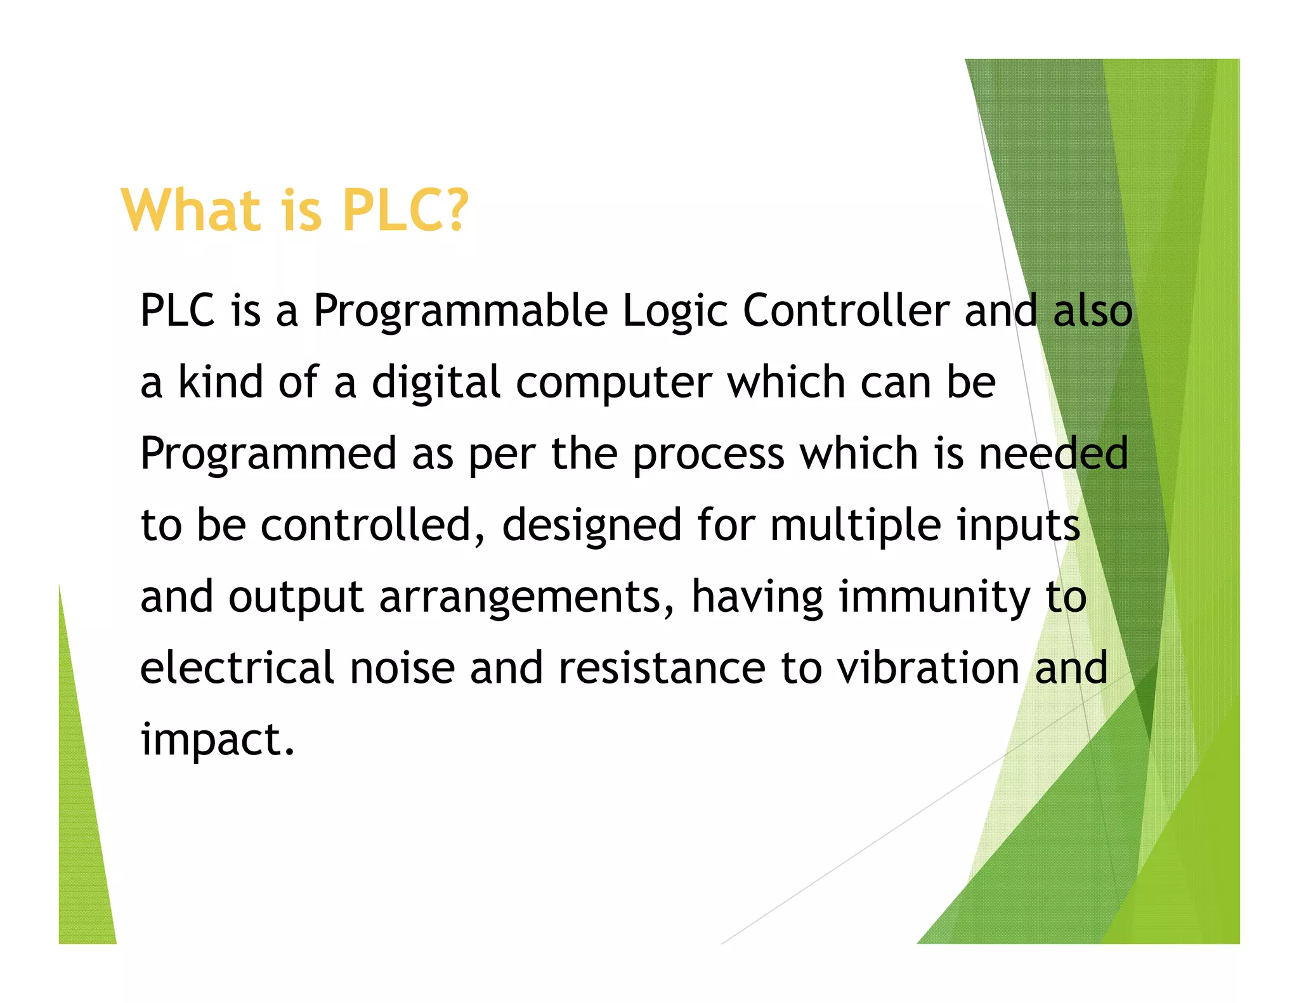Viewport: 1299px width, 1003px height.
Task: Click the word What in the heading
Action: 190,210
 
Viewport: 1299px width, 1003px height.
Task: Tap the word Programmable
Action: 460,311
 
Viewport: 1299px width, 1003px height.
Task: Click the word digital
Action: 436,383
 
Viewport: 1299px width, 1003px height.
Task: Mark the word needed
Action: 1053,453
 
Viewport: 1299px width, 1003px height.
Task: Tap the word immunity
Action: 934,598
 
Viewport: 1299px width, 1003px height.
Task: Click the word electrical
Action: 237,668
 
